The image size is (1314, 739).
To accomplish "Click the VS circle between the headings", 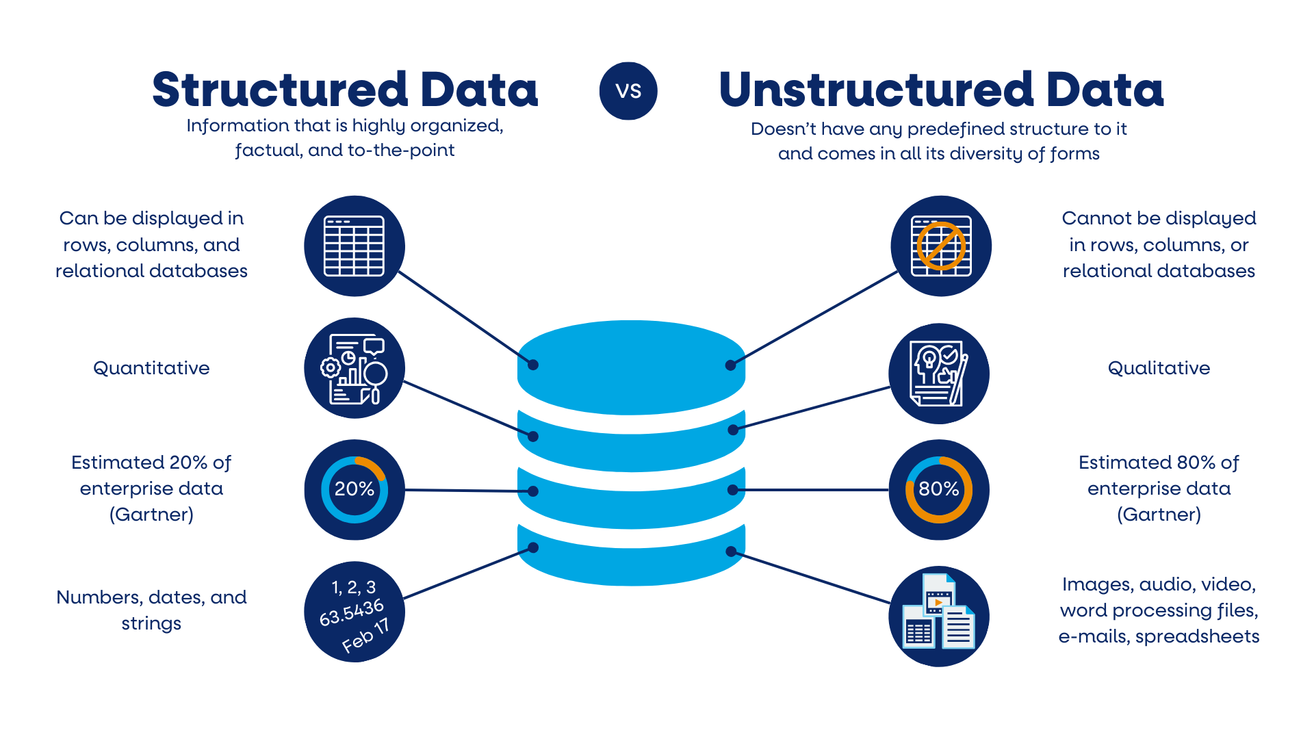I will click(628, 91).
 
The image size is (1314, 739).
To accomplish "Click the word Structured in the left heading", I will click(280, 90).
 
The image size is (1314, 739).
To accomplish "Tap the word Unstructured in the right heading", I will click(876, 90).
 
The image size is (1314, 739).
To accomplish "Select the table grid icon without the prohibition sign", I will click(354, 246).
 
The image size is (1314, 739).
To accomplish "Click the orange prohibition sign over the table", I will click(941, 246).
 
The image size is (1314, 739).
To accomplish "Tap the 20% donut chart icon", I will click(354, 490).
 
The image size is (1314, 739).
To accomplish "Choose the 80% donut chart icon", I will click(939, 490).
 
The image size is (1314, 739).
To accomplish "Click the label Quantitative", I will click(151, 368).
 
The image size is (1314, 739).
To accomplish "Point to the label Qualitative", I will click(1159, 368).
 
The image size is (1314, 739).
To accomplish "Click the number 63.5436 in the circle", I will click(352, 612).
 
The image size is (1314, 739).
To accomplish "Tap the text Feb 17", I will click(365, 636).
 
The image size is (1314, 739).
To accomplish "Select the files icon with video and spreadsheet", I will click(939, 614).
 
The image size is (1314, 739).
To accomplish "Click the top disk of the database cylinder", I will click(631, 366).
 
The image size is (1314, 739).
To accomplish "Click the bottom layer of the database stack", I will click(631, 558).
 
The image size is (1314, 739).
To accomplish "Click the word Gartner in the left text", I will click(151, 515).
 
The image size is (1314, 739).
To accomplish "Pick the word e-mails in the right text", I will click(1094, 636).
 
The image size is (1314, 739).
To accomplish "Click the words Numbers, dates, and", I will click(151, 597).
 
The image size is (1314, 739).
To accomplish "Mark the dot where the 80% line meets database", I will click(732, 490).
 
